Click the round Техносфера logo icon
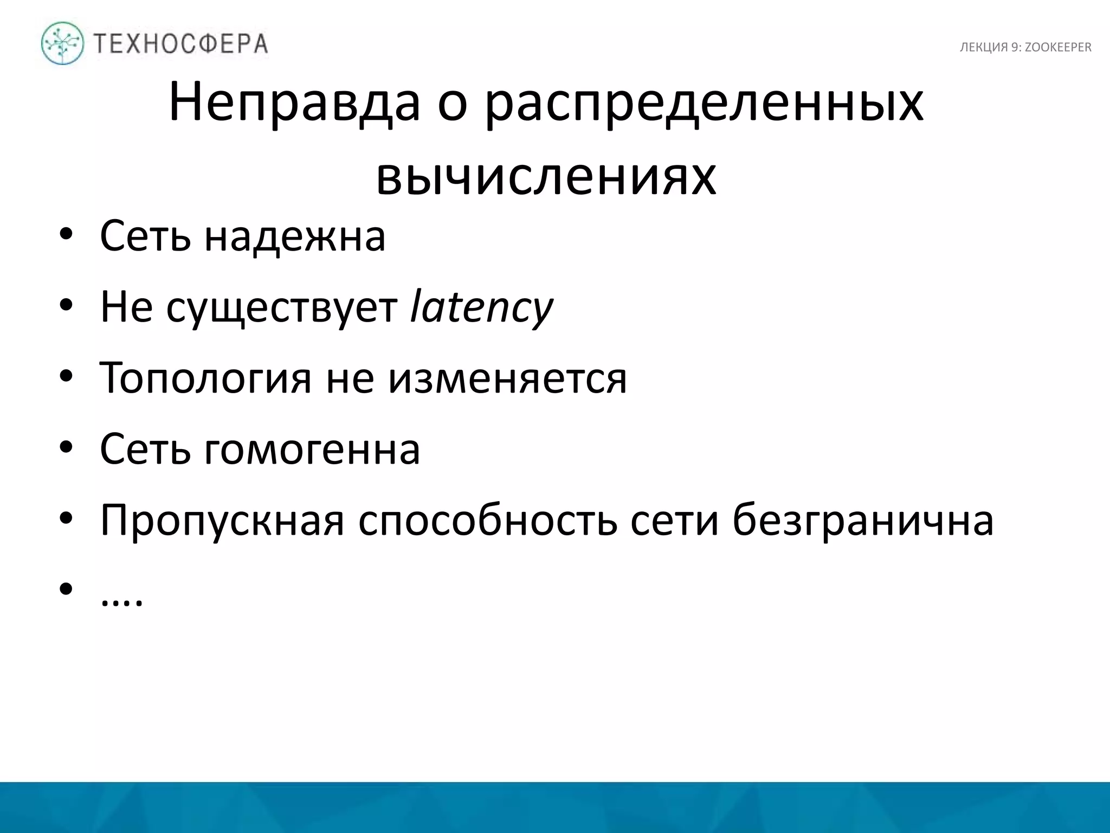[62, 43]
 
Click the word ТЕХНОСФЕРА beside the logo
[180, 44]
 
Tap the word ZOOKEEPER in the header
[1058, 48]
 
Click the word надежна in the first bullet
[295, 236]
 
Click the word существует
[282, 307]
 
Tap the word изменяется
[508, 378]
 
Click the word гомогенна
[312, 449]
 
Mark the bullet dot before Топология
[66, 377]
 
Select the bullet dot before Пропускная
[66, 520]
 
